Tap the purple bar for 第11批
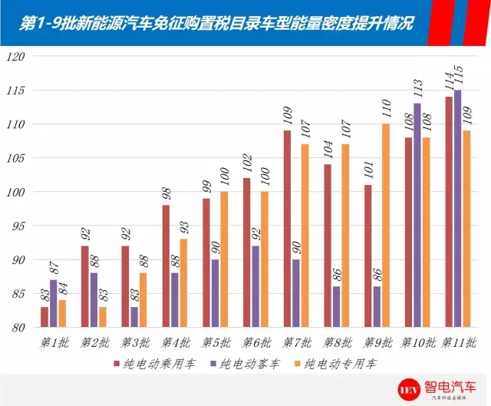coord(456,209)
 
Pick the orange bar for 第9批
coord(386,226)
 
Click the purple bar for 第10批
coord(417,216)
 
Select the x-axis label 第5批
coord(216,342)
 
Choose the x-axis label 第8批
coord(338,342)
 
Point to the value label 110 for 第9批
coord(387,112)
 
